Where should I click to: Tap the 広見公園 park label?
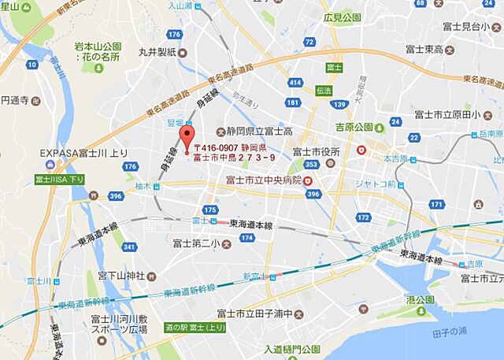click(342, 17)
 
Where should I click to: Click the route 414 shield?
click(295, 82)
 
